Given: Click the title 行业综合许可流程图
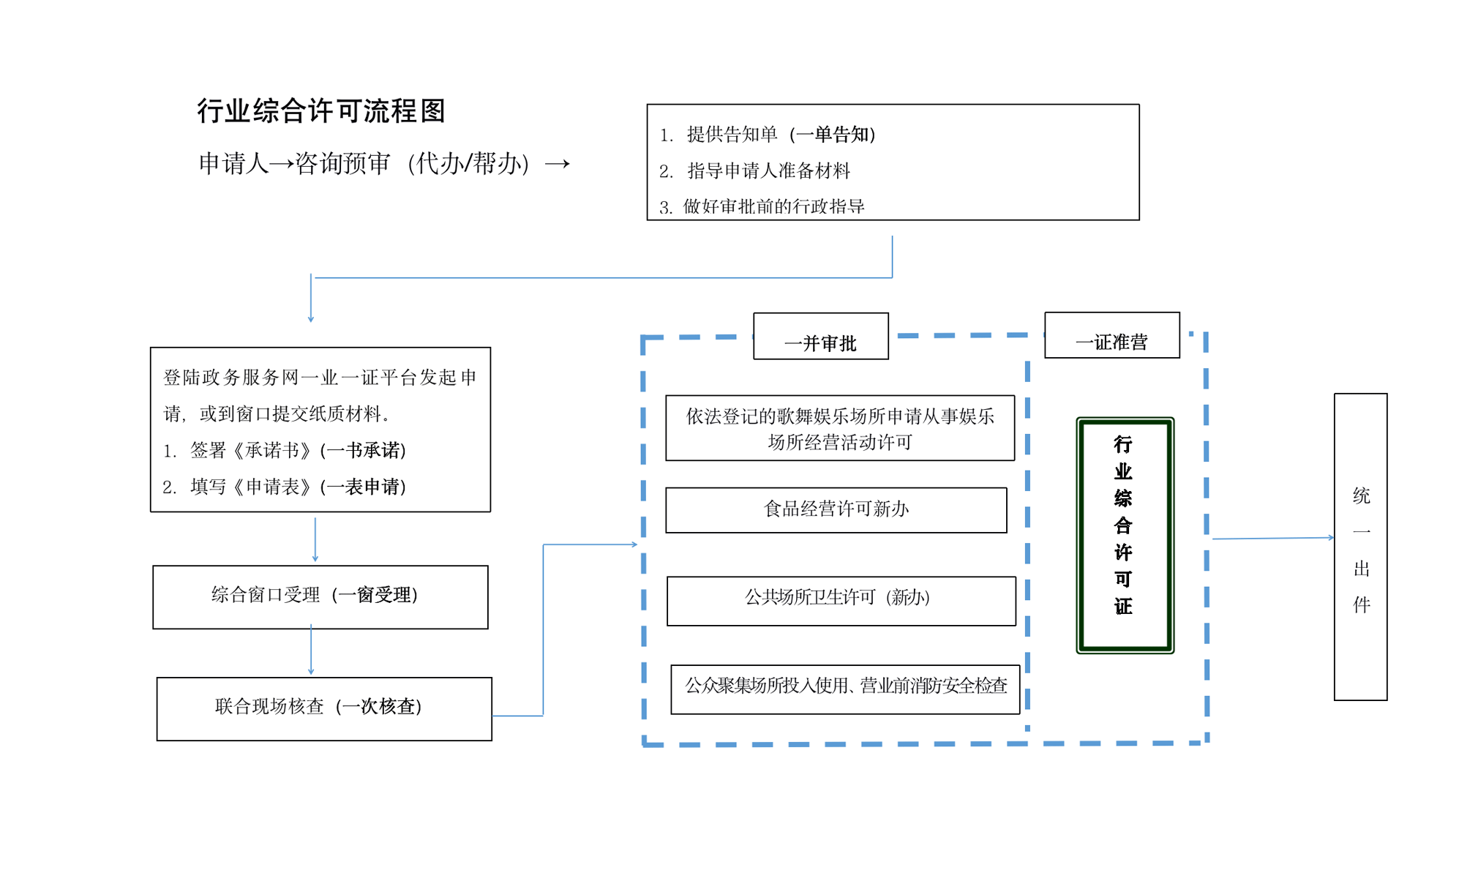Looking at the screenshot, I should click(x=320, y=111).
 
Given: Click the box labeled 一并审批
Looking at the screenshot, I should click(x=820, y=337).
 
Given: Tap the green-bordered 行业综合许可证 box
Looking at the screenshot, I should click(x=1124, y=535).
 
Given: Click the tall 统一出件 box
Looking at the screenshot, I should click(x=1359, y=547).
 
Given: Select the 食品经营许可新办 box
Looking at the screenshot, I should click(x=836, y=509).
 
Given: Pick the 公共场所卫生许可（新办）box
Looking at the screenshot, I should click(x=840, y=600).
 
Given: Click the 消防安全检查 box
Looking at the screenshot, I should click(x=845, y=689).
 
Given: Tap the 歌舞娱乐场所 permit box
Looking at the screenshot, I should click(x=839, y=428).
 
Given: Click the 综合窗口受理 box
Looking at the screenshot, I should click(x=320, y=596).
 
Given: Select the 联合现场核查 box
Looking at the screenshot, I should click(x=323, y=708).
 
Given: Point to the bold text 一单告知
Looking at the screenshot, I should click(x=833, y=135).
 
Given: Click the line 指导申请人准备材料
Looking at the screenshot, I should click(x=768, y=171).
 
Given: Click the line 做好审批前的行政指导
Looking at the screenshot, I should click(x=773, y=206).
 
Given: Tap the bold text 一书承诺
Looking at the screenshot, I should click(x=364, y=451).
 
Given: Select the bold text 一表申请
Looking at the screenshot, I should click(x=364, y=487).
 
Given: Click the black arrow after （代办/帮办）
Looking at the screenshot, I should click(x=557, y=164).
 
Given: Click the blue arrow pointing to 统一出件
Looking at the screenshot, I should click(x=1273, y=538).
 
